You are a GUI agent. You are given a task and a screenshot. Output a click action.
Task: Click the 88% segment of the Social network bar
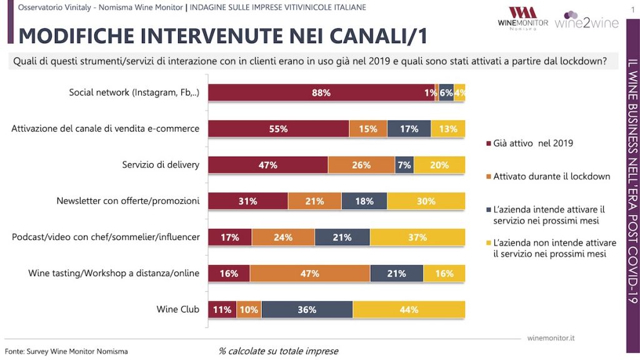click(321, 92)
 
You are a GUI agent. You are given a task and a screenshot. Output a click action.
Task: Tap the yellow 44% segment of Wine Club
click(409, 309)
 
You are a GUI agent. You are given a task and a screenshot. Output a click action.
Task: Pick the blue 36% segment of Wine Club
click(307, 309)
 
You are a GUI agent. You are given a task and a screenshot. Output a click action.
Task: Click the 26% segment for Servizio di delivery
click(361, 165)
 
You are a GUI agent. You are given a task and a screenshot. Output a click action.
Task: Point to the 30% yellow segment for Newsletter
click(426, 201)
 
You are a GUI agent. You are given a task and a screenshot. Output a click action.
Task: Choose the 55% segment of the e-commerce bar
click(278, 129)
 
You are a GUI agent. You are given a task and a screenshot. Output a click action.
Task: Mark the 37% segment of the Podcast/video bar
click(417, 237)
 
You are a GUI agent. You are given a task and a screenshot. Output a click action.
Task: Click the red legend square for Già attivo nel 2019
click(488, 144)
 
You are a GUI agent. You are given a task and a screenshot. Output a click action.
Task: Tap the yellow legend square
click(488, 242)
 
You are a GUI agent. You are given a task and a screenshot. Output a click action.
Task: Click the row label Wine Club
click(178, 309)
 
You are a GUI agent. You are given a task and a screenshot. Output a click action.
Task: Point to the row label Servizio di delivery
click(161, 165)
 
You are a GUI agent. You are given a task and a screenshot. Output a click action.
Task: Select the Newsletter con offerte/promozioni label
click(128, 201)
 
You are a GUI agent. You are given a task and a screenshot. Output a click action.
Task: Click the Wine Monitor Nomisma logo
click(522, 19)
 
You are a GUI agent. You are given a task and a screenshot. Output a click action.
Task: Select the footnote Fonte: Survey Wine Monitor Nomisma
click(66, 351)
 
